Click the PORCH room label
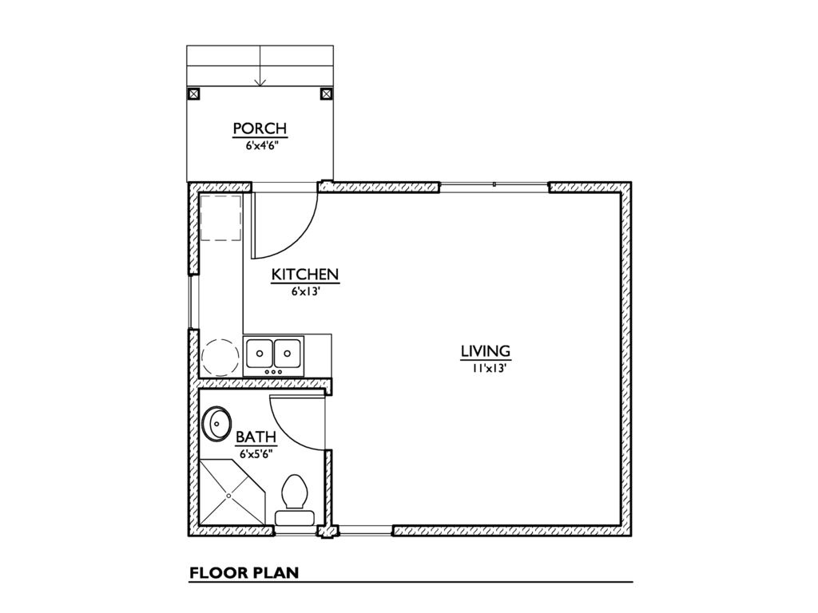260,129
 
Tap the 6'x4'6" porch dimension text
260,145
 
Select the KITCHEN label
306,275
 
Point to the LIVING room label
485,351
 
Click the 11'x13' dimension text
485,368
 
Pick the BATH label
256,437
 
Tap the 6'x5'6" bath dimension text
256,453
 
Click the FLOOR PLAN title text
243,572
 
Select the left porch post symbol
193,93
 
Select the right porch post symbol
326,93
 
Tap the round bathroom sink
216,424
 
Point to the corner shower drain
228,495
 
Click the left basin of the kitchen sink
260,351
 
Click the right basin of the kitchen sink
288,351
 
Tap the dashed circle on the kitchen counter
220,356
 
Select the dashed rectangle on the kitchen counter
220,216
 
